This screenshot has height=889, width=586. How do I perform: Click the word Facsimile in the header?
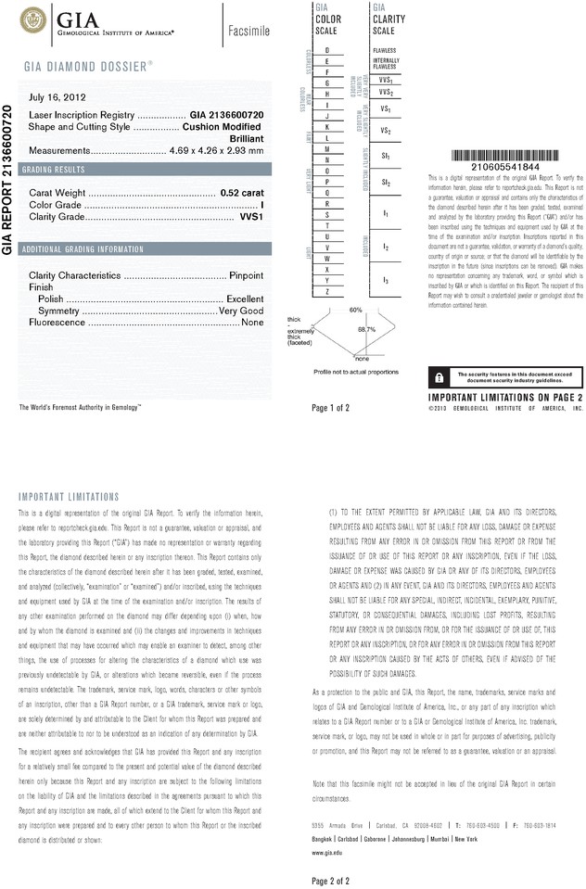point(248,31)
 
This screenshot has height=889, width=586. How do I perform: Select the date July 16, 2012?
point(58,96)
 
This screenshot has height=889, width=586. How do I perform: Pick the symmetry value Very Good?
point(240,311)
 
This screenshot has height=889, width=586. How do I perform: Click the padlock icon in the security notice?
point(436,375)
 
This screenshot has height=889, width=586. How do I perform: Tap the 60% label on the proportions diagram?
point(355,309)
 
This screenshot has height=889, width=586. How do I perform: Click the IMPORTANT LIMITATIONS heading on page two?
point(69,497)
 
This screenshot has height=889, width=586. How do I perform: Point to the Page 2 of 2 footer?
point(331,880)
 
